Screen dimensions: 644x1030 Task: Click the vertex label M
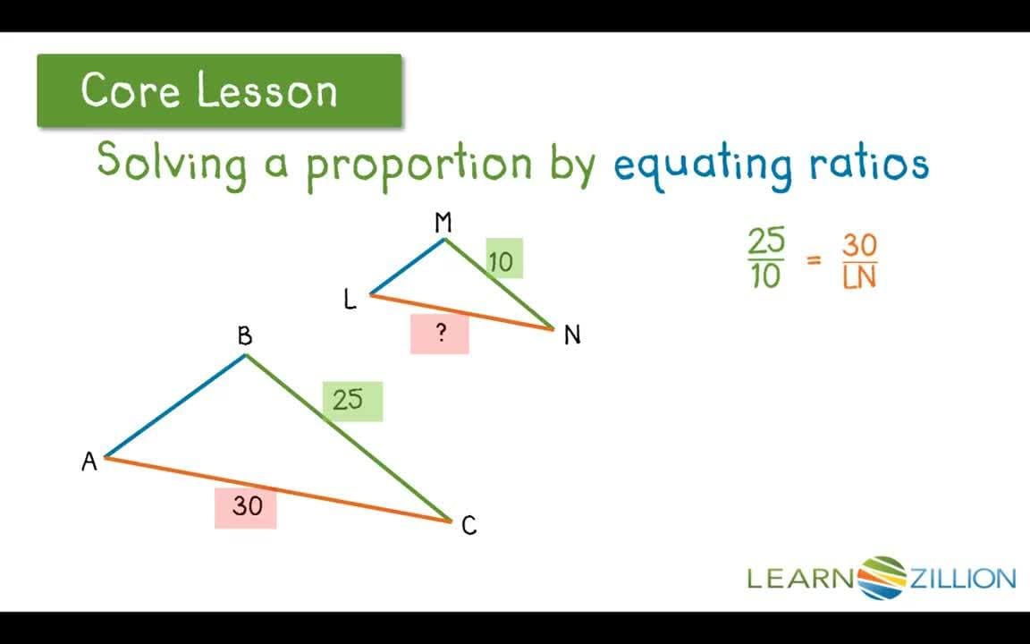coord(443,223)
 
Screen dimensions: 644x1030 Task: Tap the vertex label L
coord(350,300)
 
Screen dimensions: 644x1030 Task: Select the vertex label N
coord(572,335)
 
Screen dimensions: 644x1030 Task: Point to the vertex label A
coord(89,462)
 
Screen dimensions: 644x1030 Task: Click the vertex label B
coord(244,336)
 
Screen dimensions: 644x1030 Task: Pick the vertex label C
coord(469,526)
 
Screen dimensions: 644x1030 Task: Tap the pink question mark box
coord(440,334)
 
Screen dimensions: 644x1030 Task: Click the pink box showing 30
coord(246,507)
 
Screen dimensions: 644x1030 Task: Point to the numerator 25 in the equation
coord(766,241)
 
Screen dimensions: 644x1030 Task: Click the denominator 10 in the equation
coord(766,277)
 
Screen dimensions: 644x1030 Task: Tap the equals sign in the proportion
coord(814,260)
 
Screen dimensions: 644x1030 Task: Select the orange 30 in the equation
coord(859,244)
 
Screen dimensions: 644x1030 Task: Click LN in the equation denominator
coord(859,278)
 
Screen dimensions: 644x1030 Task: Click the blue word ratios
coord(865,164)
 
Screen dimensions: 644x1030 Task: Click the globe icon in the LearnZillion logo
coord(882,577)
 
